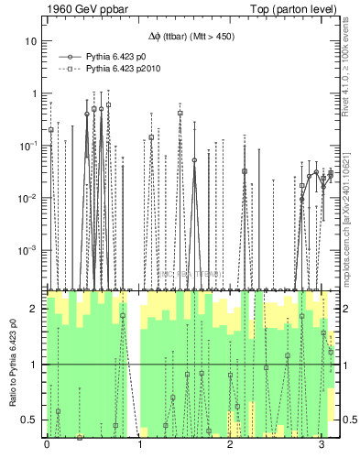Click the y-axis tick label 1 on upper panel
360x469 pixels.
click(36, 93)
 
